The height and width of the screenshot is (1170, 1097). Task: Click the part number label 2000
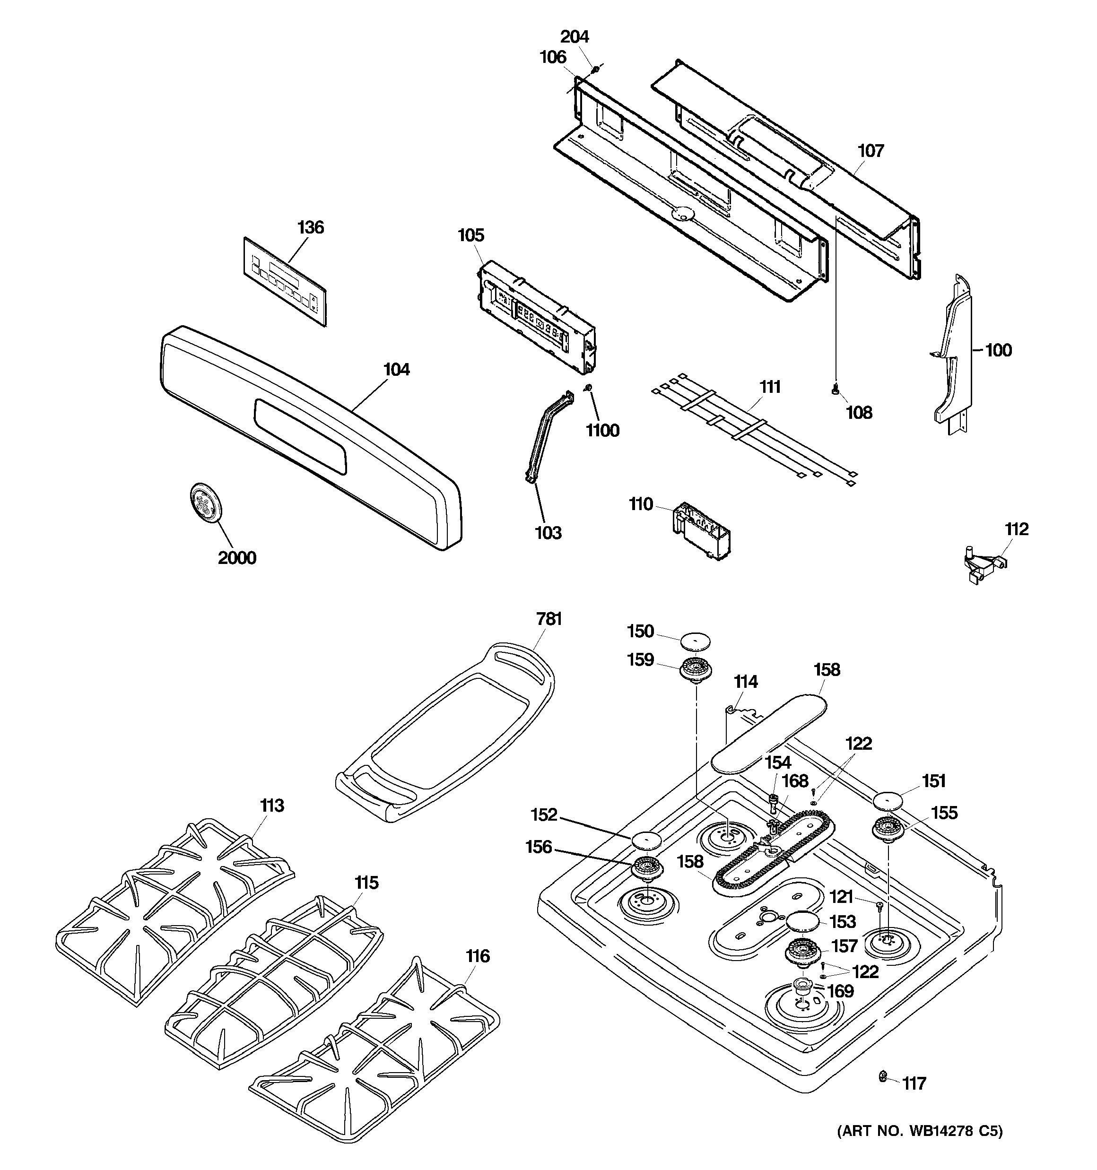click(237, 557)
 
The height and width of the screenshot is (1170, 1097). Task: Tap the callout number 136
click(310, 227)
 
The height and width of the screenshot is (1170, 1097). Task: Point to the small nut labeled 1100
click(587, 387)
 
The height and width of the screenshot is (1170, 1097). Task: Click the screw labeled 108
click(835, 388)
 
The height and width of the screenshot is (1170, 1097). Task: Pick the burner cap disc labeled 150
click(696, 641)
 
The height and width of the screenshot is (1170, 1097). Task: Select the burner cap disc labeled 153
click(802, 920)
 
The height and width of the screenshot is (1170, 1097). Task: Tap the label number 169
click(840, 991)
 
